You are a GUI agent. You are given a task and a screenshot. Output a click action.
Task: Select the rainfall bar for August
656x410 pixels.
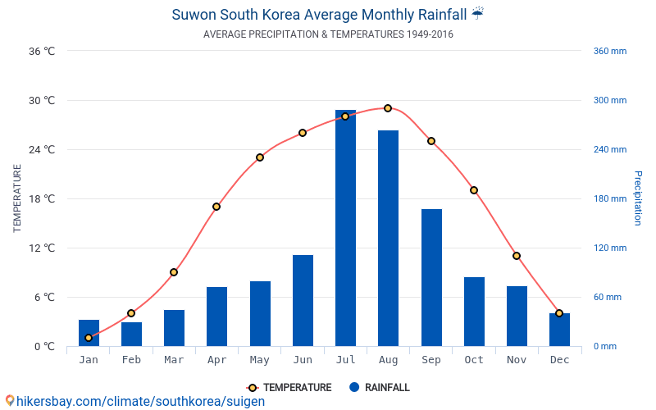388,238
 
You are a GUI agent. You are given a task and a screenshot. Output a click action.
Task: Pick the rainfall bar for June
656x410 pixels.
303,300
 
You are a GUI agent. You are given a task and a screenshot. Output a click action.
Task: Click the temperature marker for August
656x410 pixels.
388,108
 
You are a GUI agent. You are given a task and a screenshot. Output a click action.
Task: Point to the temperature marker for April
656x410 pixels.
216,207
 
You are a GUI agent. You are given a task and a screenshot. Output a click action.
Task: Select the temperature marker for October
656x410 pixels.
474,190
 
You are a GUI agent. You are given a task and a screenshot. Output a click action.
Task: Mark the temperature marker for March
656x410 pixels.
174,272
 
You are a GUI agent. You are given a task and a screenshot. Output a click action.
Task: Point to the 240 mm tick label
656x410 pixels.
609,149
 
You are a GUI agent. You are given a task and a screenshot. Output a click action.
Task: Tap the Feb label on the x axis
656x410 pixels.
131,360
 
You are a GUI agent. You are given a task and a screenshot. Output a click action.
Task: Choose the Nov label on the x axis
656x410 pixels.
517,360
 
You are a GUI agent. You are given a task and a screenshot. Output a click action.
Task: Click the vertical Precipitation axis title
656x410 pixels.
637,198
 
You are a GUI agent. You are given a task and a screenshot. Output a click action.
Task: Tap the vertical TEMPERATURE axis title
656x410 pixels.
17,198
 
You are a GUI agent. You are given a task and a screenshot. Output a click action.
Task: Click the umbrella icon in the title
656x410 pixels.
478,14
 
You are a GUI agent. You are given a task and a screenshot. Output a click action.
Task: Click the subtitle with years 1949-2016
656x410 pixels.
328,34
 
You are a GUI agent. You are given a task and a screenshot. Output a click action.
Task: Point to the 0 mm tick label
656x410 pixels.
604,346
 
